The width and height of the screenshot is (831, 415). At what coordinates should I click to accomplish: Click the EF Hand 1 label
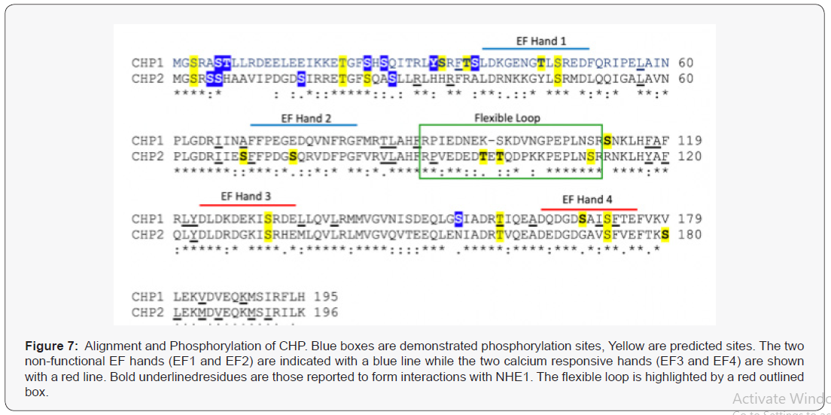click(x=540, y=41)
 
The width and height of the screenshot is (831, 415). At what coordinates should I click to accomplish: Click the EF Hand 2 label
click(x=306, y=118)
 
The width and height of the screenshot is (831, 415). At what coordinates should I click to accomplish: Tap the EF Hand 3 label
click(x=246, y=196)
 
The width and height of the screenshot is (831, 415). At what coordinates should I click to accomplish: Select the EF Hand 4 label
click(x=588, y=199)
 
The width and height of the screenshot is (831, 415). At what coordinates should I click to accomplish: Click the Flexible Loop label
click(x=507, y=117)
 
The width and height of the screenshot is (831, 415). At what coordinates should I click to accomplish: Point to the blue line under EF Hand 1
click(x=535, y=49)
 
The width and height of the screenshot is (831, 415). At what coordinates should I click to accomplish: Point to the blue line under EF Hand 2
click(x=303, y=125)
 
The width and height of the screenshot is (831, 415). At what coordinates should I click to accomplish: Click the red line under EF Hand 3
click(x=247, y=204)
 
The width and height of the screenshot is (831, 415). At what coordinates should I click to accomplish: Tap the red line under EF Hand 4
click(x=589, y=209)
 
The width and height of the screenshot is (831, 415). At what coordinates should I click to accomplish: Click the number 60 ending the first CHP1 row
click(x=685, y=63)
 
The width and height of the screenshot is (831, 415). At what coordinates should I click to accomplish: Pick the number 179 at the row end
click(x=689, y=219)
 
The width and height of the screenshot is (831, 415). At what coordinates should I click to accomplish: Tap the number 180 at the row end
click(x=689, y=235)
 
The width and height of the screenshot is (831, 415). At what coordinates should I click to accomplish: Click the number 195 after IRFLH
click(x=326, y=297)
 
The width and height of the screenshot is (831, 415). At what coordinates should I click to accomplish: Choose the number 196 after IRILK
click(x=326, y=313)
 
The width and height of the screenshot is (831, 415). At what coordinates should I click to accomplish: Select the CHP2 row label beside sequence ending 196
click(x=148, y=313)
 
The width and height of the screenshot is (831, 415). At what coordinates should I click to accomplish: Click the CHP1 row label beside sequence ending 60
click(x=148, y=63)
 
